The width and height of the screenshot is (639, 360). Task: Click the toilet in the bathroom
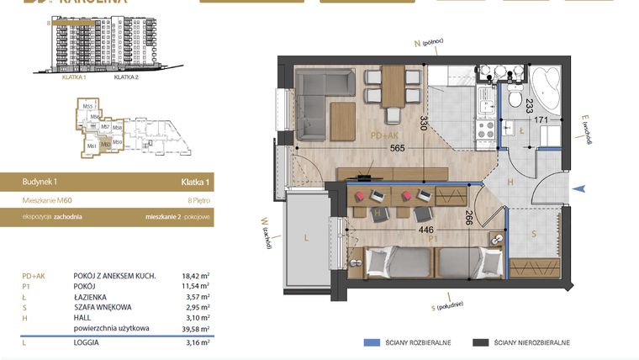pyautogui.click(x=515, y=98)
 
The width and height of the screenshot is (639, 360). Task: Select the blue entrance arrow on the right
pyautogui.click(x=576, y=189)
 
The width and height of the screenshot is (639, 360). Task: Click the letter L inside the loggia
pyautogui.click(x=306, y=239)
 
